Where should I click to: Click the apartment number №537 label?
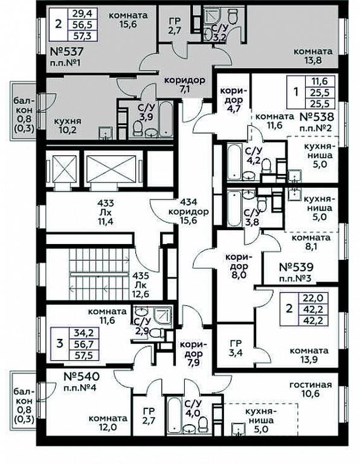[66, 52]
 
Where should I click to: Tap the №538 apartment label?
[317, 117]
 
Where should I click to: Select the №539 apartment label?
[296, 268]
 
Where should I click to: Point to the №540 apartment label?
[82, 377]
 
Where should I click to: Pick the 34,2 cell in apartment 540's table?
[83, 333]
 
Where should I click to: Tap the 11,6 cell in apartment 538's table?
[321, 80]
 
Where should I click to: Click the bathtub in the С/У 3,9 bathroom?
[166, 119]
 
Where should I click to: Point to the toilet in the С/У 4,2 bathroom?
[266, 166]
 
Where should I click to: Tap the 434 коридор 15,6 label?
[193, 211]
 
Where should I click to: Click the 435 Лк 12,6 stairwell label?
[141, 285]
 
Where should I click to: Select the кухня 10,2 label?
[68, 126]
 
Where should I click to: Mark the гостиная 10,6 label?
[310, 389]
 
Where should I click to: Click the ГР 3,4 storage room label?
[236, 348]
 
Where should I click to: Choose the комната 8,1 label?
[310, 242]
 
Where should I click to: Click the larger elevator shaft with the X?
[114, 169]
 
